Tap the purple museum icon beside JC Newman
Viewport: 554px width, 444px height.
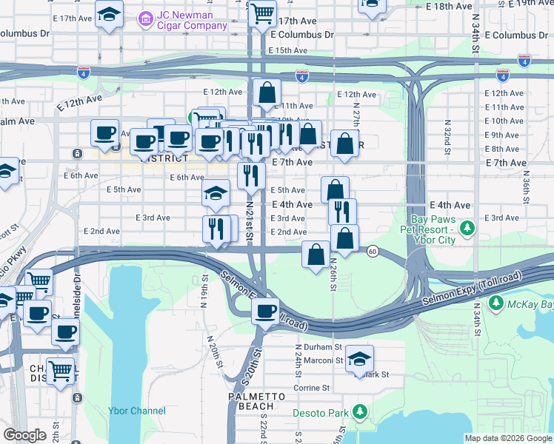click(x=145, y=16)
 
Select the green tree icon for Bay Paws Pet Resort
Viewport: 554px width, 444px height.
click(x=467, y=226)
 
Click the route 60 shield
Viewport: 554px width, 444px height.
click(x=373, y=251)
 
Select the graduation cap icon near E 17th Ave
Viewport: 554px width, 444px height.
click(x=110, y=14)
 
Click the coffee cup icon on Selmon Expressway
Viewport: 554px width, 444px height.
click(x=265, y=312)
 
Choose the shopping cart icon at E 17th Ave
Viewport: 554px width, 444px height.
click(x=262, y=13)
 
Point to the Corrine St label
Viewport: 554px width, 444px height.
click(x=312, y=388)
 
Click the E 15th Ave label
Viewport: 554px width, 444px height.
click(x=288, y=50)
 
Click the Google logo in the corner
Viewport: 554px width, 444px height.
click(x=25, y=435)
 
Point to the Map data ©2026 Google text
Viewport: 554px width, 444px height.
click(x=507, y=438)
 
